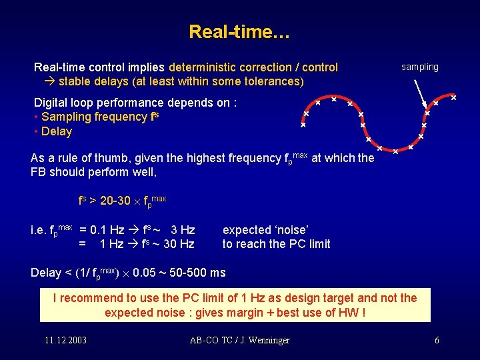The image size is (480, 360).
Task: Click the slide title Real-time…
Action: [239, 31]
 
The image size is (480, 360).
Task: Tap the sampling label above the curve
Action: [419, 67]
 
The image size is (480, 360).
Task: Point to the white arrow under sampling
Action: [420, 93]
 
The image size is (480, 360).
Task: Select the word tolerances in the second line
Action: [272, 81]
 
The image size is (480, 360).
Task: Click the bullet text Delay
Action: [56, 131]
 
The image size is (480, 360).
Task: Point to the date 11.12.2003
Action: [65, 341]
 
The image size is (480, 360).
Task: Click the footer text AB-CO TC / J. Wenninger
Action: [239, 341]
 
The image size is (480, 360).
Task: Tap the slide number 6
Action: [437, 341]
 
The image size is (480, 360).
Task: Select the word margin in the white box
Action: [264, 313]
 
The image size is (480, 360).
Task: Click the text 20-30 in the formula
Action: [117, 199]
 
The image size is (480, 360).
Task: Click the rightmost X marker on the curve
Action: [453, 98]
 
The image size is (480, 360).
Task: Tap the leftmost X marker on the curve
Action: [303, 125]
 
